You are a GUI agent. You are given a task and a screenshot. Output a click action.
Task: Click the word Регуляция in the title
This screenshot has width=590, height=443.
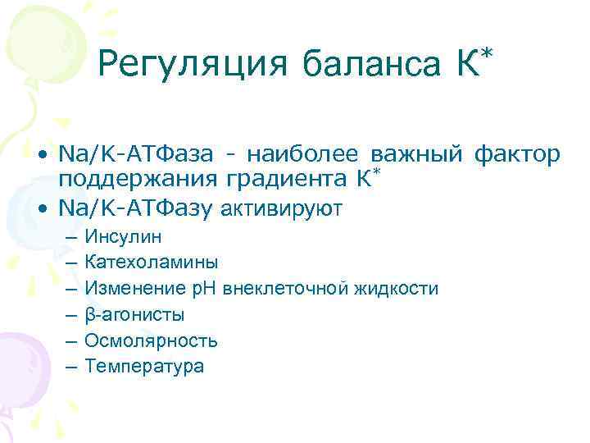click(x=193, y=64)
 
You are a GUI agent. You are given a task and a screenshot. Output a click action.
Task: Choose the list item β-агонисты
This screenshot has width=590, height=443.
click(x=134, y=315)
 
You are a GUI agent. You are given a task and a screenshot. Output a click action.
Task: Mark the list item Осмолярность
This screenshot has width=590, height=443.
click(x=151, y=340)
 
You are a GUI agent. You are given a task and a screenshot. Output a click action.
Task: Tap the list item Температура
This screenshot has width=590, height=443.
click(x=144, y=367)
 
